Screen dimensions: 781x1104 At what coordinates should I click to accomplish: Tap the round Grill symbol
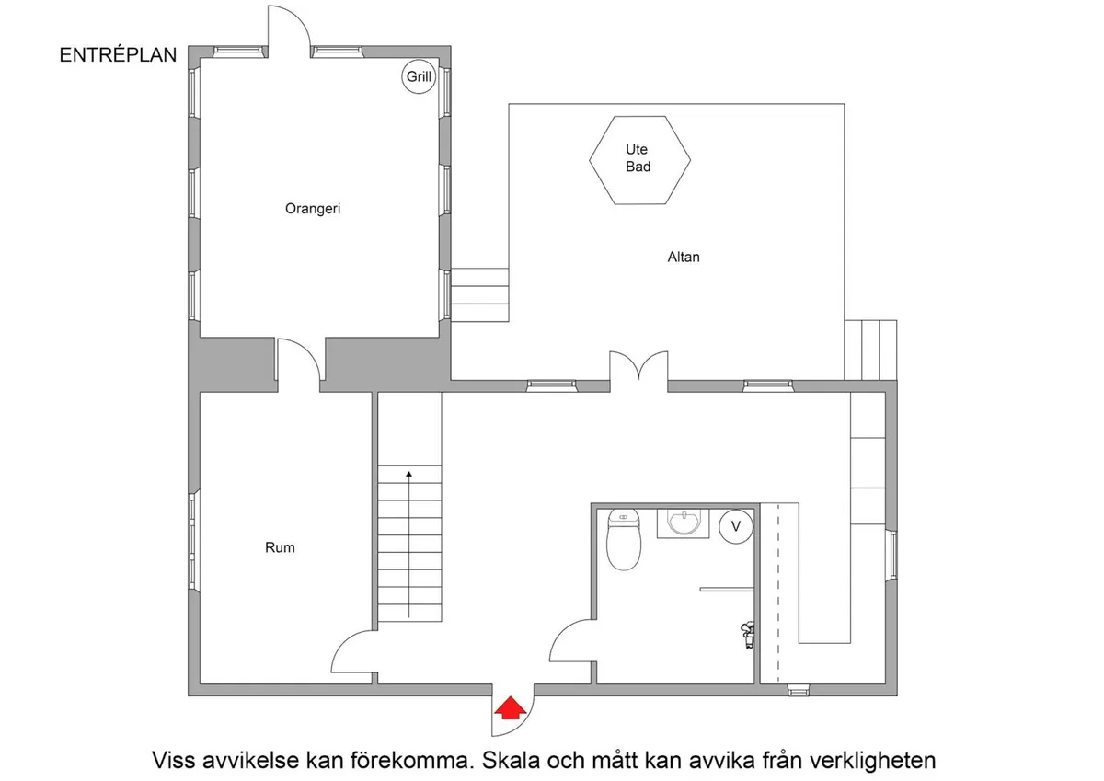[x=419, y=78]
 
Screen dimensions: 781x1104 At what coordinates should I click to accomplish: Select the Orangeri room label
[x=313, y=209]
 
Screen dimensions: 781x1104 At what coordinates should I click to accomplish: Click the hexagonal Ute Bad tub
[x=638, y=158]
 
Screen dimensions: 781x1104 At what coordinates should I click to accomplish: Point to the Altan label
[x=684, y=258]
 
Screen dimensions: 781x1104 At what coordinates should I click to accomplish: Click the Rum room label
[x=280, y=547]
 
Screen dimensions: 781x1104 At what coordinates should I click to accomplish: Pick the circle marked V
[x=735, y=526]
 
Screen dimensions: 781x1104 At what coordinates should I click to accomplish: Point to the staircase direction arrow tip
[x=408, y=472]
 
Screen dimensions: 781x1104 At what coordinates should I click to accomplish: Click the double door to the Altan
[x=638, y=365]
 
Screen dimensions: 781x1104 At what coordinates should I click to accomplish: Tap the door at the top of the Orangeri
[x=289, y=28]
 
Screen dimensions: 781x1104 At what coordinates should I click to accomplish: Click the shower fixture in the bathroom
[x=748, y=634]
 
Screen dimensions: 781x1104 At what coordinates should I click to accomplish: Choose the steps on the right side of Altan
[x=870, y=349]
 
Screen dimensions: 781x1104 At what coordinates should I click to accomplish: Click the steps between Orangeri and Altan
[x=479, y=294]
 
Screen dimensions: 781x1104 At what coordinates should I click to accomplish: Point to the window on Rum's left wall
[x=193, y=542]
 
